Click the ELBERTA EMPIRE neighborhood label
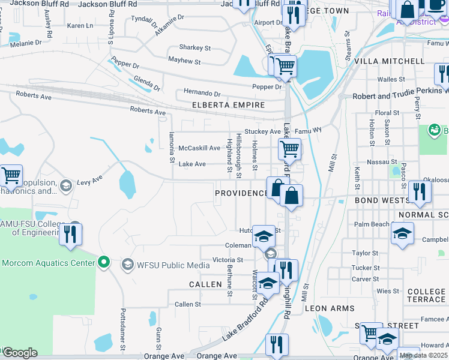pyautogui.click(x=228, y=105)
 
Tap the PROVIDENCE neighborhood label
pyautogui.click(x=242, y=193)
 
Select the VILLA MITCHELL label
pyautogui.click(x=389, y=62)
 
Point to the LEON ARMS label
pyautogui.click(x=330, y=308)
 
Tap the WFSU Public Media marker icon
pyautogui.click(x=127, y=264)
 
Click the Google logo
pyautogui.click(x=20, y=353)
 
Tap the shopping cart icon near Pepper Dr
pyautogui.click(x=285, y=65)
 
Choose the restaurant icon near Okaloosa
pyautogui.click(x=419, y=191)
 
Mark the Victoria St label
pyautogui.click(x=228, y=260)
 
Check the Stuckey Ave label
pyautogui.click(x=263, y=131)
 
